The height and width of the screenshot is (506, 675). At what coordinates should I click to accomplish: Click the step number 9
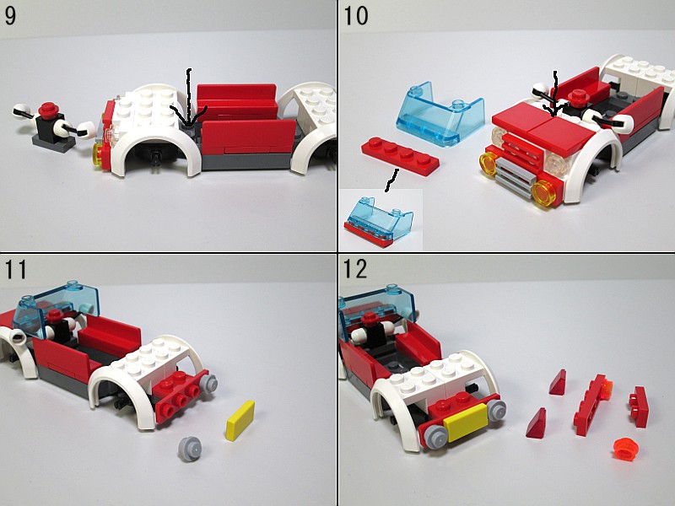point(10,16)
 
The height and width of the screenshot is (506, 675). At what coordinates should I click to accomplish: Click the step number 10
point(355,16)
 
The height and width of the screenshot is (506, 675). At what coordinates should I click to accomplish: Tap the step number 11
point(15,269)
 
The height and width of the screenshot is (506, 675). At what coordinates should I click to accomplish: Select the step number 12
point(355,269)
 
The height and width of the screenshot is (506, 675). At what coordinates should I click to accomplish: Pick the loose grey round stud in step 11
point(190,449)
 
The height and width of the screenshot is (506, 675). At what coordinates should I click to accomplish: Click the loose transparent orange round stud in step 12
point(626,449)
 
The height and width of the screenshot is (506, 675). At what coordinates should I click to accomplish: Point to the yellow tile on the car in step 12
point(465,423)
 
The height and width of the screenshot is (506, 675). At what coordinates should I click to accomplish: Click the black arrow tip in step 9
point(188,126)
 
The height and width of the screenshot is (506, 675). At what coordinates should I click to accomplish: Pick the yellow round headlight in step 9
point(99,154)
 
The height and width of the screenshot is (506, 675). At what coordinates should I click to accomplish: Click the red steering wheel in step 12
point(370,319)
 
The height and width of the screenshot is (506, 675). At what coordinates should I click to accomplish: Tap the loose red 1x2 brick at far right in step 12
point(639,406)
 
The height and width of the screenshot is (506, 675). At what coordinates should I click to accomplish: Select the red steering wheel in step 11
point(55,315)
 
